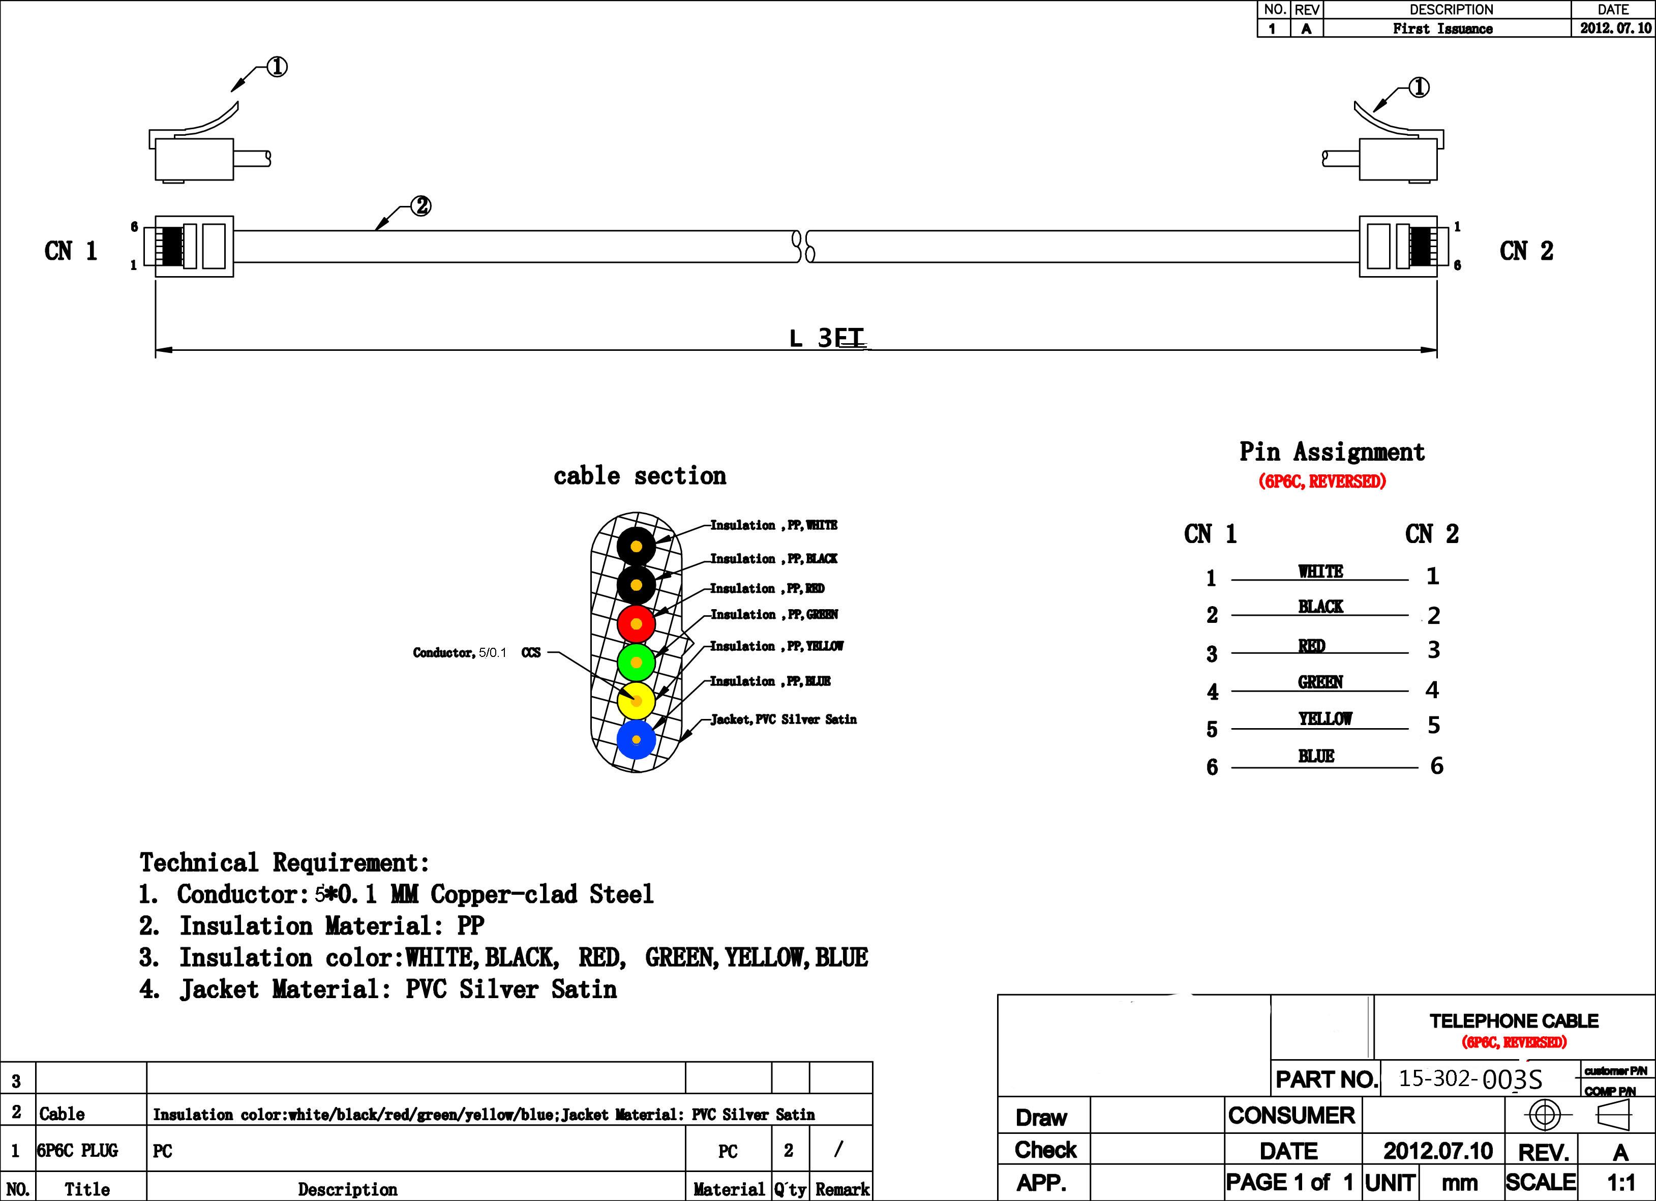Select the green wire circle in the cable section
pos(636,662)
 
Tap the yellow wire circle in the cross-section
pos(636,701)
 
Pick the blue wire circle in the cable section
pos(636,740)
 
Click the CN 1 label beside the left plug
pos(71,251)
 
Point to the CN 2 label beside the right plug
pos(1526,251)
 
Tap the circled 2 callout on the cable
pos(421,206)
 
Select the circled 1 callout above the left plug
pos(277,67)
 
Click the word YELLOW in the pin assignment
pos(1325,719)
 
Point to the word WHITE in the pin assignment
pos(1320,572)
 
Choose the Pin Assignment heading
pos(1332,452)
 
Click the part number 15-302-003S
pos(1470,1079)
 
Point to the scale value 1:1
pos(1620,1182)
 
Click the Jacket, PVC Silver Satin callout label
pos(784,719)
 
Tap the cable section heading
pos(640,476)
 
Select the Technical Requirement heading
pos(284,862)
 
